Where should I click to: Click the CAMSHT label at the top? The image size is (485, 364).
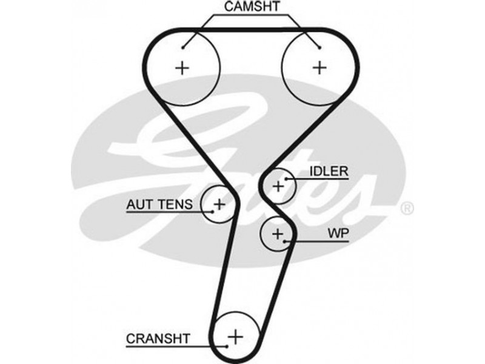252,7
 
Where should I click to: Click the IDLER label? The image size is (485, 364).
329,171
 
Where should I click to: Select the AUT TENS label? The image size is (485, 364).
159,204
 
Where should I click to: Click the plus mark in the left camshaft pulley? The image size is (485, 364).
181,67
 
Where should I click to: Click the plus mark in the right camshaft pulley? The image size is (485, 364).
319,67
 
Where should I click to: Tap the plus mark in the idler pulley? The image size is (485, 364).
278,186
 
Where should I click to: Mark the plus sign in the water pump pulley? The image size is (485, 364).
278,234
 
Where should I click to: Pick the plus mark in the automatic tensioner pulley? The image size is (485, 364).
219,204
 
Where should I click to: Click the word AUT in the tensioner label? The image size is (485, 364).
138,204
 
